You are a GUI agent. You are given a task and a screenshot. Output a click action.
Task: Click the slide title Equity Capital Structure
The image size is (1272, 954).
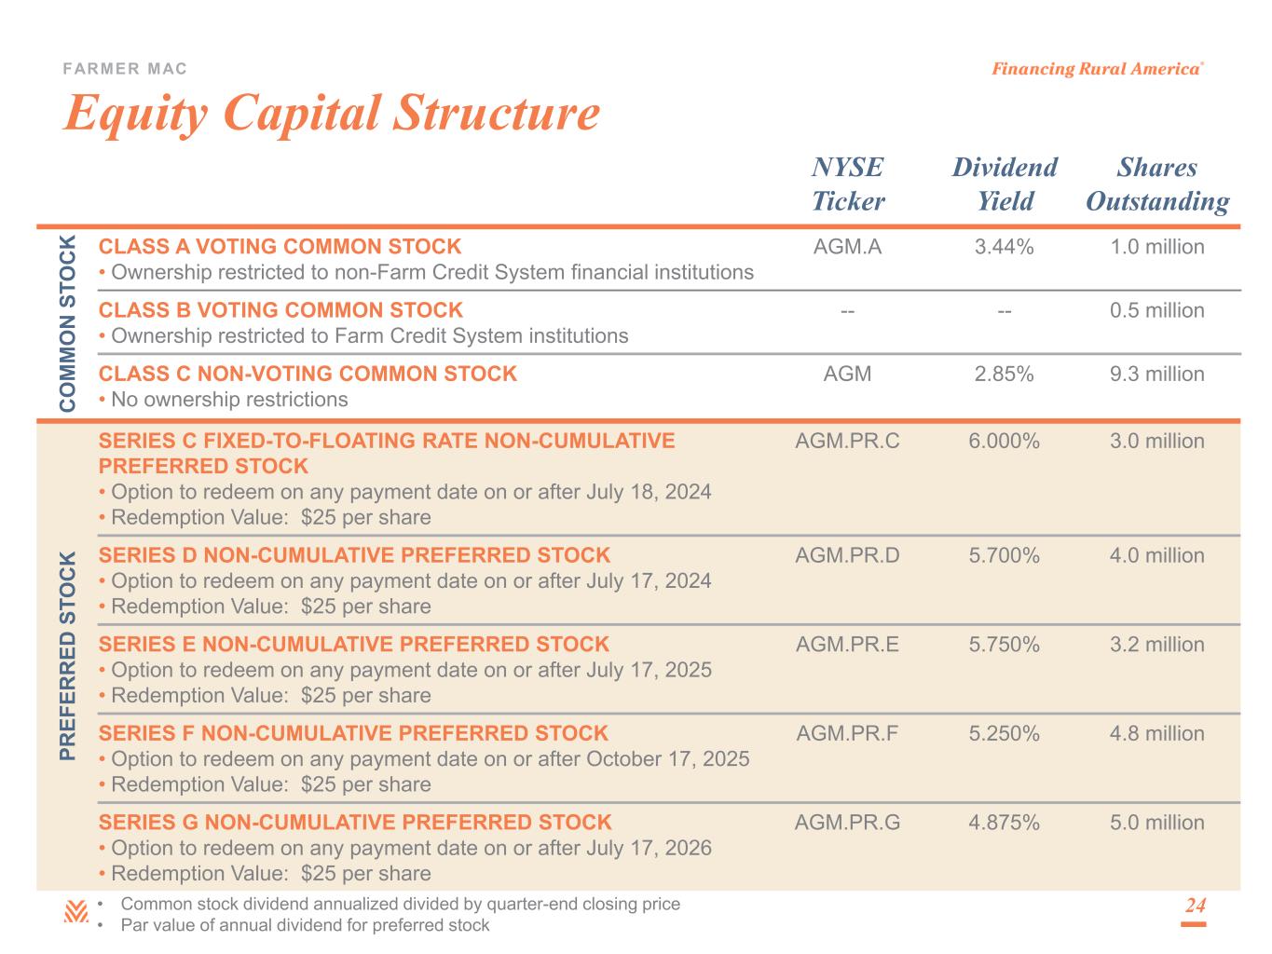tap(331, 114)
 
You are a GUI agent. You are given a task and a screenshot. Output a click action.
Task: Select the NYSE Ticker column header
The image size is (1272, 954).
tap(848, 184)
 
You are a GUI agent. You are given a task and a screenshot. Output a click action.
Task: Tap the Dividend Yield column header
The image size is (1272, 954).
tap(1005, 184)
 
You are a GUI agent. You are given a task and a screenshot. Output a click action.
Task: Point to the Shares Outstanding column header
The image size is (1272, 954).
tap(1157, 184)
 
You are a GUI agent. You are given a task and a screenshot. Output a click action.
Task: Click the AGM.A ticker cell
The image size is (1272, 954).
tap(847, 247)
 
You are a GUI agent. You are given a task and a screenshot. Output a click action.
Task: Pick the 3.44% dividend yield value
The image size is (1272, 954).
tap(1004, 247)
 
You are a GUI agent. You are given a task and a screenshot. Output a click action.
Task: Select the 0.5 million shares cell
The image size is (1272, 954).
tap(1156, 310)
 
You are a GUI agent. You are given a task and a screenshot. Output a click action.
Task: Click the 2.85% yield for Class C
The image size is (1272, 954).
tap(1004, 374)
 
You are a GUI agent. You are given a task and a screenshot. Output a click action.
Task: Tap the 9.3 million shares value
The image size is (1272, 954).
tap(1156, 374)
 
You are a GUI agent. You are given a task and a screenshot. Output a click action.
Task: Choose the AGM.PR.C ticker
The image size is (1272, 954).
tap(847, 441)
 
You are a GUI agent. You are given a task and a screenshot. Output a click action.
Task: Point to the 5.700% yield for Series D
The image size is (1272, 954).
tap(1004, 555)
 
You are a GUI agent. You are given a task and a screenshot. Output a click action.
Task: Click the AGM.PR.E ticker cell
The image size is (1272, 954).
tap(847, 645)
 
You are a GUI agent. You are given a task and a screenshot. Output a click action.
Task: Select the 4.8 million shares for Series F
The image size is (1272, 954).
tap(1156, 733)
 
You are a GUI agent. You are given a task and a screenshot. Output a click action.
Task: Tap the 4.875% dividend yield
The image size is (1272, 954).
tap(1004, 823)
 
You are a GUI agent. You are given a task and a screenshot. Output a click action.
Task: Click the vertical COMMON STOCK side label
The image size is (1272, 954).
tap(68, 323)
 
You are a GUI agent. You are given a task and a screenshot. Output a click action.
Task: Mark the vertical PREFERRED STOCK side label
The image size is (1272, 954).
tap(68, 655)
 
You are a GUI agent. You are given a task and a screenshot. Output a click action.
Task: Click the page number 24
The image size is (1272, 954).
tap(1195, 906)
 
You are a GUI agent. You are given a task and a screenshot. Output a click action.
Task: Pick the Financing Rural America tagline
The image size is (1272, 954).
tap(1096, 69)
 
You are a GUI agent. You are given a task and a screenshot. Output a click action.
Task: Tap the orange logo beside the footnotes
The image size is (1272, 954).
tap(75, 912)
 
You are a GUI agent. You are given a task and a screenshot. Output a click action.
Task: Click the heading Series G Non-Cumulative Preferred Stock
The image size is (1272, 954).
tap(355, 823)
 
